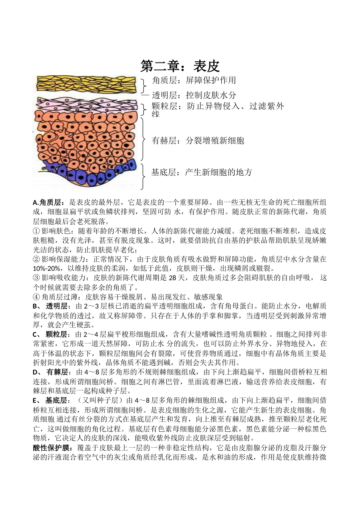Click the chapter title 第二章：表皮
point(180,66)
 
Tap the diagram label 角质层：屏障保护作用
point(194,80)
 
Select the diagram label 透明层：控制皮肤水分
point(194,95)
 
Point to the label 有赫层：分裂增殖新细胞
point(198,141)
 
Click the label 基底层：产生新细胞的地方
point(202,172)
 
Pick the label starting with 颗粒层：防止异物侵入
point(218,106)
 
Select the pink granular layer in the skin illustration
point(85,104)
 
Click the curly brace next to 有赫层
point(143,139)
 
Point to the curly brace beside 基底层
point(143,176)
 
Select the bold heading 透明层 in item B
point(56,306)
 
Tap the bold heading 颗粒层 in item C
point(56,334)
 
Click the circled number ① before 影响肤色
point(36,231)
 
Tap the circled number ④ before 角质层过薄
point(36,297)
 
